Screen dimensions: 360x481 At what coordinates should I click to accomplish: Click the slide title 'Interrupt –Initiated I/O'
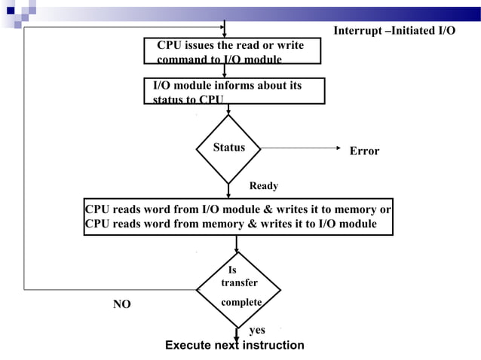pyautogui.click(x=394, y=30)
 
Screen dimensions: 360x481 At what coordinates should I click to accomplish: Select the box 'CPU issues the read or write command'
pyautogui.click(x=234, y=52)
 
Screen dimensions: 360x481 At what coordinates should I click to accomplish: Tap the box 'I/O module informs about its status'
pyautogui.click(x=234, y=91)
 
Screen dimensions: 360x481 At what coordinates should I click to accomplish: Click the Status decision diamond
pyautogui.click(x=228, y=148)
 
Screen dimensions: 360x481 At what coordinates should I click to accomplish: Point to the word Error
pyautogui.click(x=364, y=151)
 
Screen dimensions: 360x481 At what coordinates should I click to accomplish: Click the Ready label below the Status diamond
pyautogui.click(x=264, y=186)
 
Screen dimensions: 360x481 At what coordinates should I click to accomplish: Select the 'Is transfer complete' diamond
pyautogui.click(x=238, y=289)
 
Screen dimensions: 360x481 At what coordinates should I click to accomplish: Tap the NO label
pyautogui.click(x=121, y=304)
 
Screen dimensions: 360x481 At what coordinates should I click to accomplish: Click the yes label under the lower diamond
pyautogui.click(x=257, y=330)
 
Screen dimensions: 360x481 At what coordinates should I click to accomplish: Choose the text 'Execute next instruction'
pyautogui.click(x=234, y=345)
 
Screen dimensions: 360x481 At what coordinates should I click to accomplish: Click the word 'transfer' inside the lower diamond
pyautogui.click(x=239, y=283)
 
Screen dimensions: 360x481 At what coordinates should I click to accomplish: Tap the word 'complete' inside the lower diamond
pyautogui.click(x=241, y=302)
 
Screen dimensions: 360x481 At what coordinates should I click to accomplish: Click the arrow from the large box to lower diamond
pyautogui.click(x=237, y=244)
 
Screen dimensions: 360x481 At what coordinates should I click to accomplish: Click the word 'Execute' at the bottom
pyautogui.click(x=188, y=345)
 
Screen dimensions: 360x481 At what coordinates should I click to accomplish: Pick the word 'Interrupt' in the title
pyautogui.click(x=357, y=30)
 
